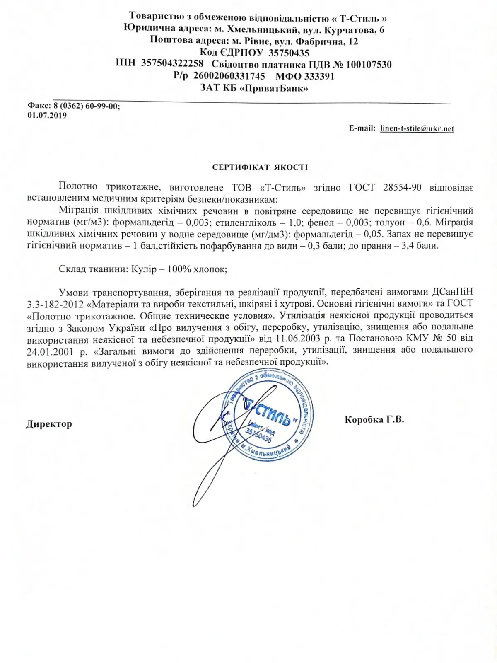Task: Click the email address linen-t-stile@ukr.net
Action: click(417, 128)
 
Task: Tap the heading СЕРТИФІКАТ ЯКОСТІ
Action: click(260, 167)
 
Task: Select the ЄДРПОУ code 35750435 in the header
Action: click(289, 53)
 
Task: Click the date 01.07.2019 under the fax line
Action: click(47, 115)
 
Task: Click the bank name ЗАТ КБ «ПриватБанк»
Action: click(254, 88)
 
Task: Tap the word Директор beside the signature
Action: click(49, 424)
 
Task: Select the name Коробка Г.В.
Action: click(374, 419)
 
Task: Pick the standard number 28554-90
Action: click(402, 187)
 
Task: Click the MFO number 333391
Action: click(319, 76)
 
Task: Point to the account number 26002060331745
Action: click(229, 76)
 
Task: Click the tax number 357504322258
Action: click(172, 63)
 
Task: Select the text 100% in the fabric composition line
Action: click(179, 269)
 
